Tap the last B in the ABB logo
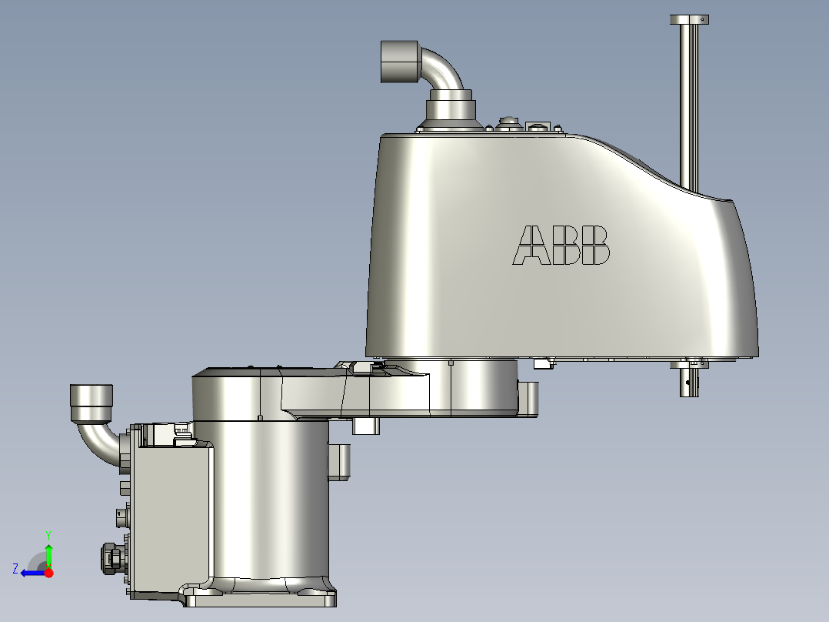pos(595,246)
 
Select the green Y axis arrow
pos(48,553)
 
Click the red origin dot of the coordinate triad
pos(49,573)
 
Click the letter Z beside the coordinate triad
pos(15,568)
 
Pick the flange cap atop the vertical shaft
pos(688,19)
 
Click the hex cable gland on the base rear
pos(110,557)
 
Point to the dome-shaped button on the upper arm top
pos(507,122)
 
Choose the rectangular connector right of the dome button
pos(537,125)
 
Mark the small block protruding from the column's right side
pos(339,461)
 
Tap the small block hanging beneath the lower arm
pos(366,426)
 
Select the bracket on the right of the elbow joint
pos(531,399)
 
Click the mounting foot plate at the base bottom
pos(260,597)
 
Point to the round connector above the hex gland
pos(122,515)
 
